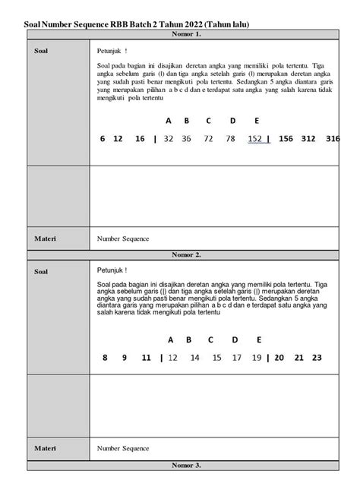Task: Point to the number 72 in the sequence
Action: [208, 139]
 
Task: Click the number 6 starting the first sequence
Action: [102, 139]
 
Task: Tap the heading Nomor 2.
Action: [186, 255]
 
